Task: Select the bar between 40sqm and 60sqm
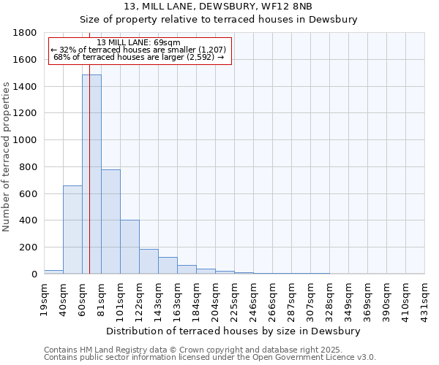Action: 72,230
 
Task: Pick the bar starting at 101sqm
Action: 130,247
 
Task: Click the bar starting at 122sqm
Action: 149,261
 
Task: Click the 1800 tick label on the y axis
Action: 25,33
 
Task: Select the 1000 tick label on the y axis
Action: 25,140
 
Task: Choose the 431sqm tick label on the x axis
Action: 425,298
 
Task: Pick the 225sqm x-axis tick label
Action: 235,298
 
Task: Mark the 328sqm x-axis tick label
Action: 330,298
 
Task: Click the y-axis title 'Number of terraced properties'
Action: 7,156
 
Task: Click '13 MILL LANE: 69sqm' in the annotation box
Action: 138,43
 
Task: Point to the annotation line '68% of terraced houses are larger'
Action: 138,58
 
